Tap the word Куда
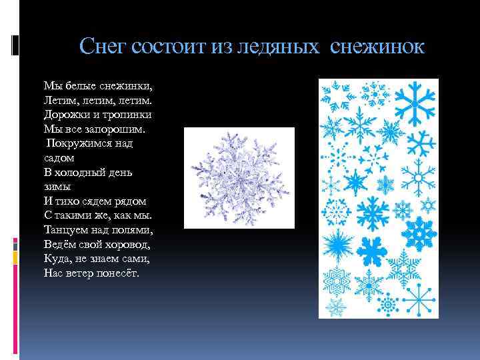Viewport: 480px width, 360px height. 57,258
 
